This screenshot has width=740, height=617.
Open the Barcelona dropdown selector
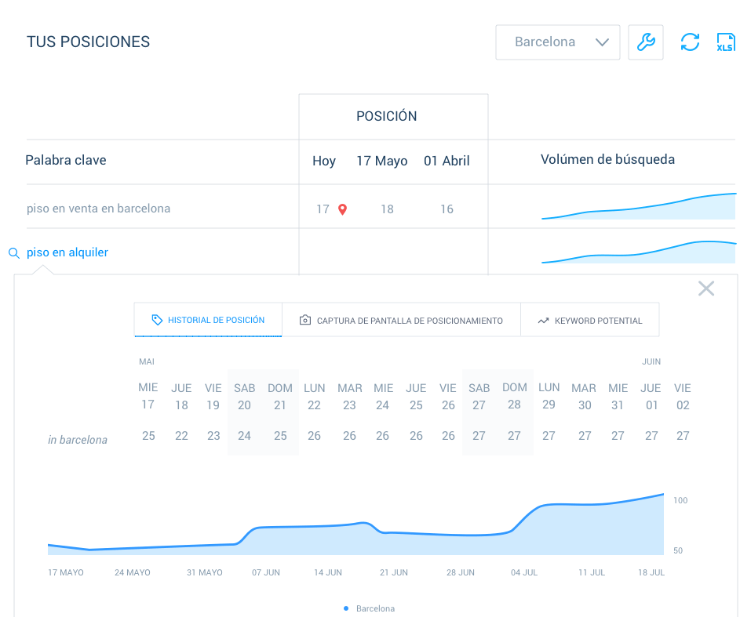[557, 42]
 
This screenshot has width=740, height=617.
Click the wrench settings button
[646, 42]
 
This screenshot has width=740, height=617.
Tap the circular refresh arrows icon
[690, 42]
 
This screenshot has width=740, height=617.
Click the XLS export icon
[725, 42]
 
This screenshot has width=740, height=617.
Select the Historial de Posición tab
[208, 320]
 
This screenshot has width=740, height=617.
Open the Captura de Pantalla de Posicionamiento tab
[401, 320]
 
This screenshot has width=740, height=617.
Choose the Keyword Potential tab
[589, 320]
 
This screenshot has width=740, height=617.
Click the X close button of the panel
[706, 289]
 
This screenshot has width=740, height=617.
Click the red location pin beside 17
[342, 209]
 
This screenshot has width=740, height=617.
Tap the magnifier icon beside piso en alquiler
[13, 253]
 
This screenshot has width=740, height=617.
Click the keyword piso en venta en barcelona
[98, 209]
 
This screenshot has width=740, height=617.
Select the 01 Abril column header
[447, 161]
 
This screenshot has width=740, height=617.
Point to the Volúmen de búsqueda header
[607, 160]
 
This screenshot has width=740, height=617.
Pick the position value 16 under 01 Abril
[447, 209]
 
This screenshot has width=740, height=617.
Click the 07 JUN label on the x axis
[266, 572]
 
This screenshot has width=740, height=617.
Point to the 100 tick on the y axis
[680, 500]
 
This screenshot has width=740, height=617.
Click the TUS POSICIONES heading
[88, 42]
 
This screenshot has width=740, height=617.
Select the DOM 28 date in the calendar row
[514, 396]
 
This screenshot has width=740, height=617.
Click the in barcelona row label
[78, 440]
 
